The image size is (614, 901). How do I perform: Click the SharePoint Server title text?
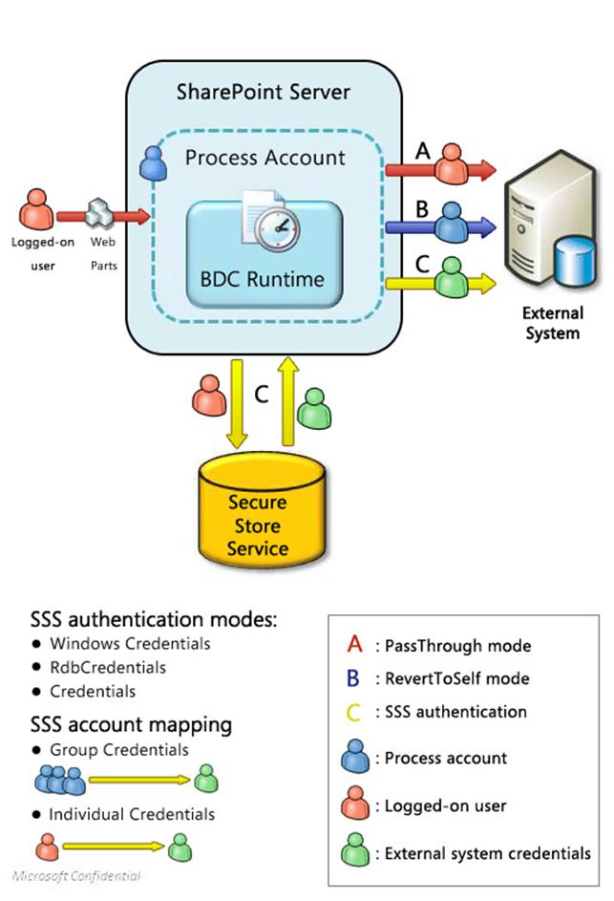click(x=264, y=93)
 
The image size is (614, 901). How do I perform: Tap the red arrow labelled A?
click(x=440, y=170)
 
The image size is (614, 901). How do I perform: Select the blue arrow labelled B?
click(x=440, y=226)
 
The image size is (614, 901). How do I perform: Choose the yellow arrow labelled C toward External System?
click(x=440, y=282)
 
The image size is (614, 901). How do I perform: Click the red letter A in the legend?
click(x=354, y=646)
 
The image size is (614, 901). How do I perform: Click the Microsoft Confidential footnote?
click(x=76, y=875)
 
